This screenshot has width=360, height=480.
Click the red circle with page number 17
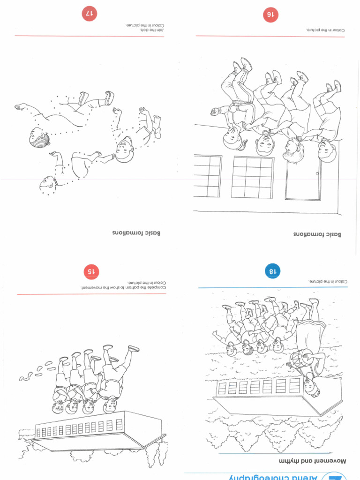(89, 14)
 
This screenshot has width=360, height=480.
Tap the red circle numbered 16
(270, 15)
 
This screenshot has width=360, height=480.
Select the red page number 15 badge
(91, 271)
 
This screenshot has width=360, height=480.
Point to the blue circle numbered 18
(272, 270)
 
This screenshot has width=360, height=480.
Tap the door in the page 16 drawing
(303, 178)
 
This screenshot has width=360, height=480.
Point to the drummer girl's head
(310, 387)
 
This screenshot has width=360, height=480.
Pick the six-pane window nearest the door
(253, 177)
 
